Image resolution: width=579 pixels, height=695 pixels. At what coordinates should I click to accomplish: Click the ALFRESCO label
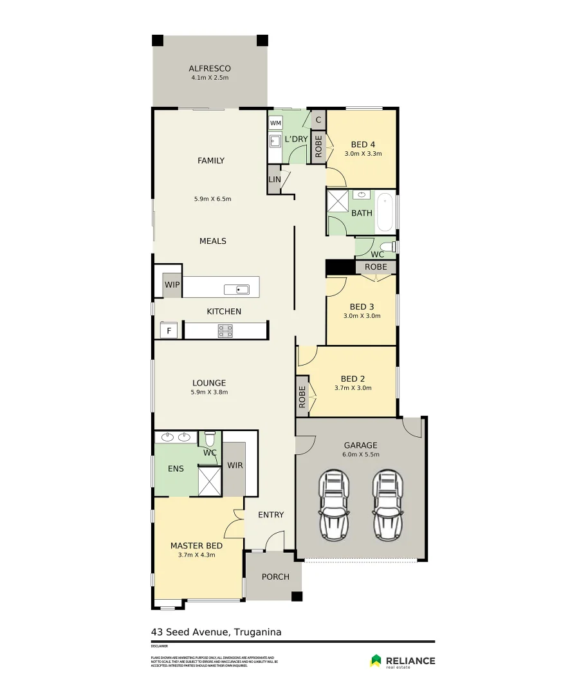pos(210,68)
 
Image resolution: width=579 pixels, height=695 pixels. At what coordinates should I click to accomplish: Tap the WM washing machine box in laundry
pos(275,123)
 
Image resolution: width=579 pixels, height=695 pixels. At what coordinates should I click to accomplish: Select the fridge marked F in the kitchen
pos(169,331)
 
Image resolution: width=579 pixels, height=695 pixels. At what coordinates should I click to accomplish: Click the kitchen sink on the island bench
pos(237,289)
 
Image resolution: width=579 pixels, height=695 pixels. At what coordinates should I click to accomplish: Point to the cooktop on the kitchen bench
pos(225,331)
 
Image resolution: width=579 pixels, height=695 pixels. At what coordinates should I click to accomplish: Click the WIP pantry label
pos(172,284)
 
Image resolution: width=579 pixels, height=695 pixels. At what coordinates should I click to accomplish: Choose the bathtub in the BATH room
pos(384,212)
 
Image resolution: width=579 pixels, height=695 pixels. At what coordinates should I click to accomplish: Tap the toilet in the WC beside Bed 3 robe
pos(387,247)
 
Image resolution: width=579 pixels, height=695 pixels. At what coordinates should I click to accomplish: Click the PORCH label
pos(275,577)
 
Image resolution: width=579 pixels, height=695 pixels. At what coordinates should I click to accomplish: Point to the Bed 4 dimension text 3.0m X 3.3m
pos(363,154)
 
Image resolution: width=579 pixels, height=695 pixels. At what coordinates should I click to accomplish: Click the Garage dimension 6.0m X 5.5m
pos(360,454)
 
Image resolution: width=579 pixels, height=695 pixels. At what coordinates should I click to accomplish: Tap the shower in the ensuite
pos(209,481)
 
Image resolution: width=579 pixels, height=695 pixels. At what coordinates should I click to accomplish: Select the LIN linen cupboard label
pos(275,180)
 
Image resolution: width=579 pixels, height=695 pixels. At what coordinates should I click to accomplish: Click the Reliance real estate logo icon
pos(376,661)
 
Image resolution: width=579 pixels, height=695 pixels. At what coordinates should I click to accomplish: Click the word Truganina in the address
pos(258,632)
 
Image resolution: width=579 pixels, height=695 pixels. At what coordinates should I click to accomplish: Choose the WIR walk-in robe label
pos(235,465)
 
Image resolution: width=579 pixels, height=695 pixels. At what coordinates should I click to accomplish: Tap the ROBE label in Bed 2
pos(302,398)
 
